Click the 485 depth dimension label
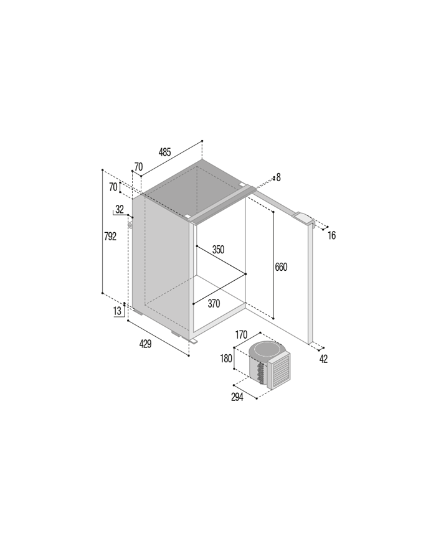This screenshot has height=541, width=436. [164, 152]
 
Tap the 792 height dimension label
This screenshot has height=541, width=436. [110, 237]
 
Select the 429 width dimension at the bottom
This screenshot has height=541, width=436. [145, 344]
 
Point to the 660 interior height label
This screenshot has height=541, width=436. [281, 267]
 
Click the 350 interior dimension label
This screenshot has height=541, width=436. [218, 249]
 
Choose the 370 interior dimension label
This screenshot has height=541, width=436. [214, 304]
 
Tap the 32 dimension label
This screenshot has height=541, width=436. [120, 209]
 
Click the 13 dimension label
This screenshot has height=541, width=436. [117, 311]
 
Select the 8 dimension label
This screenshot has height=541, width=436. [278, 177]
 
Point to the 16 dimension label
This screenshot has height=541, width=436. [332, 236]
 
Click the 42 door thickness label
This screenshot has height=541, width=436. [323, 359]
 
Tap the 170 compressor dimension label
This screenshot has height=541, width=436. [241, 335]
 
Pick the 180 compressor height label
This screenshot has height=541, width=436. [226, 359]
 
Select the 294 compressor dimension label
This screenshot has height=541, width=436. [237, 397]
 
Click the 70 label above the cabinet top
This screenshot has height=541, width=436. [138, 167]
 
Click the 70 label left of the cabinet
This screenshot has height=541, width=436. [113, 187]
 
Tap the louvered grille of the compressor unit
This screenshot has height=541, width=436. [280, 371]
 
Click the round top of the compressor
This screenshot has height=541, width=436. [267, 352]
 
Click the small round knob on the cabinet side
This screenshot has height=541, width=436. [130, 225]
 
